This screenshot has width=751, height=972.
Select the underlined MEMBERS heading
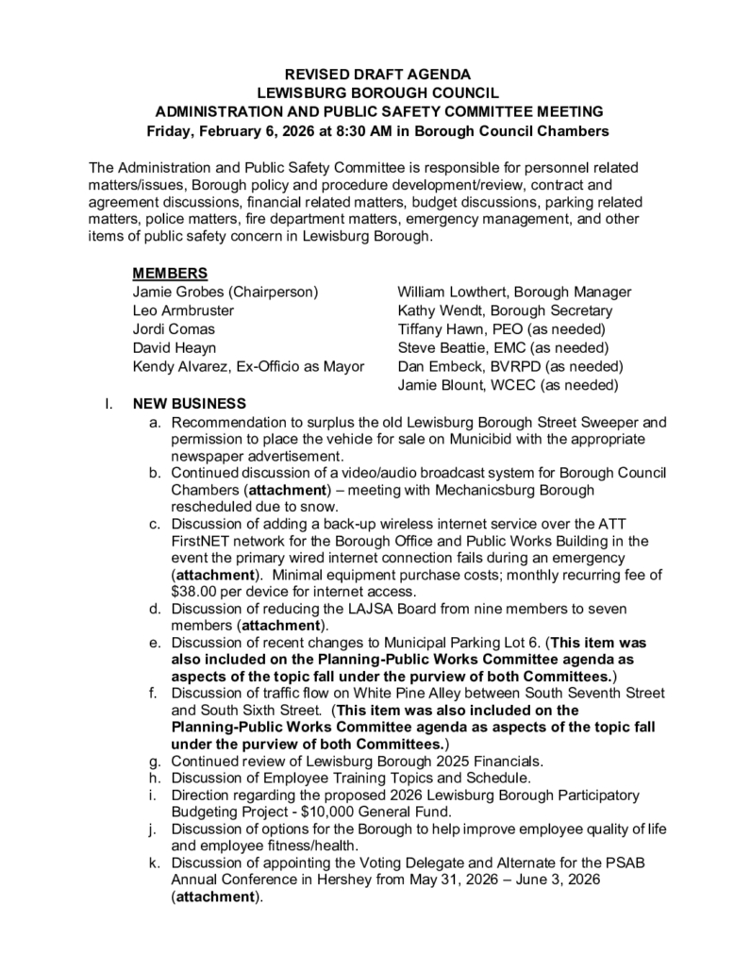click(170, 274)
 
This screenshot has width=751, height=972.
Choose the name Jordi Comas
click(174, 328)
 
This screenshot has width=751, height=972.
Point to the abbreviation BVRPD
click(512, 366)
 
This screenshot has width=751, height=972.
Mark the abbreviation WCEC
click(510, 384)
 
